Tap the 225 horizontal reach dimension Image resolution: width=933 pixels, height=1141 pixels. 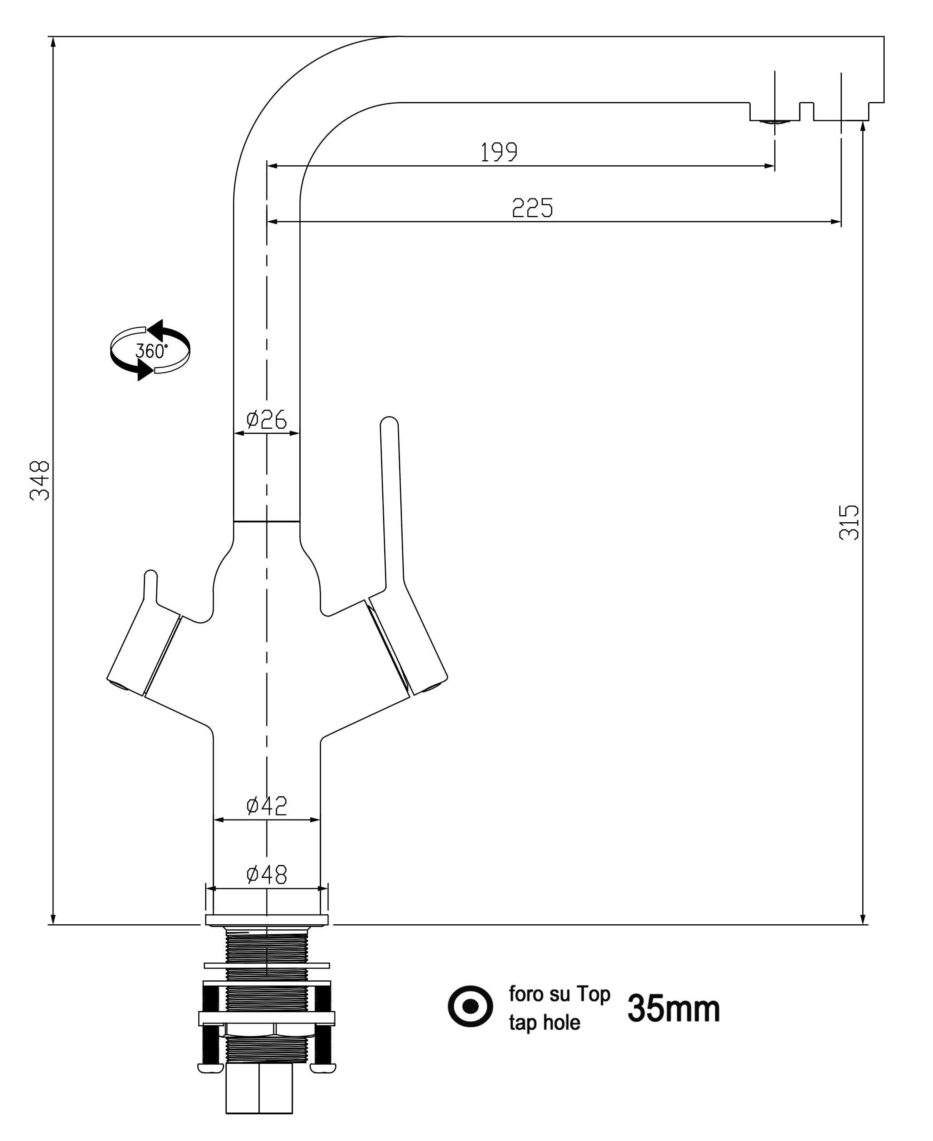point(532,208)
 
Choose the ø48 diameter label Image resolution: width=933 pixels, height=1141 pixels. point(267,874)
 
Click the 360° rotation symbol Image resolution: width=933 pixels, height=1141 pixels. point(150,351)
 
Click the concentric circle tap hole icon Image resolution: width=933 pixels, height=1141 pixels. point(470,1006)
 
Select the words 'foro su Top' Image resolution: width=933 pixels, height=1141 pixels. point(559,994)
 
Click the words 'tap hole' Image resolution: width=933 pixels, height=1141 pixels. point(544,1023)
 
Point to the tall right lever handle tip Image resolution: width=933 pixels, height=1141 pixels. point(389,424)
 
